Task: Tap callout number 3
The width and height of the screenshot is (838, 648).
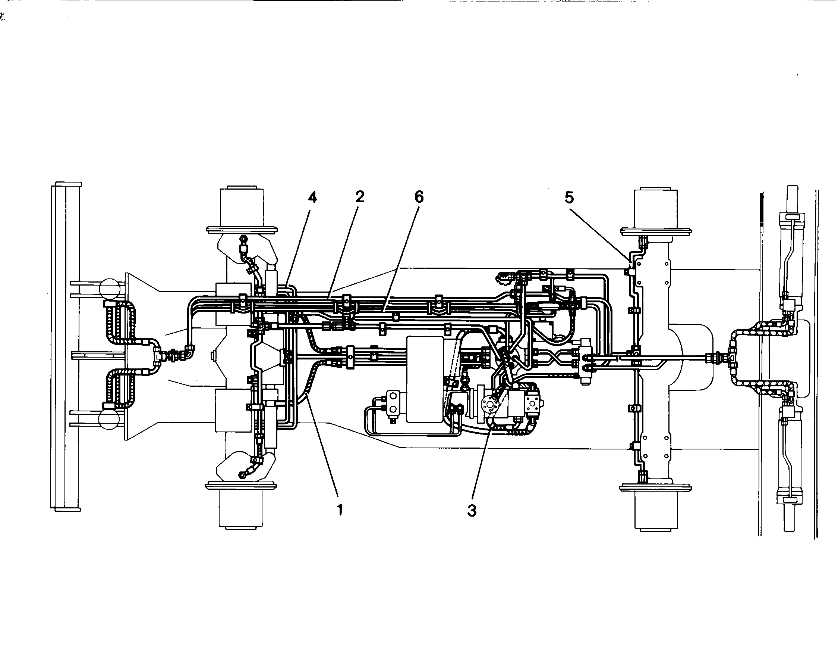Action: coord(472,511)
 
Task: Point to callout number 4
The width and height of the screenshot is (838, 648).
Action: coord(313,197)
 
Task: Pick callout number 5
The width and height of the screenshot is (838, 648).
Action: coord(569,197)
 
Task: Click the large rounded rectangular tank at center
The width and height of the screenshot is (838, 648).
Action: coord(425,379)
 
